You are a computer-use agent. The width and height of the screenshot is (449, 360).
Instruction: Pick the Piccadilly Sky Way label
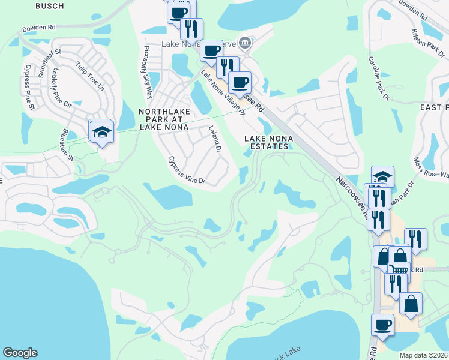[x=146, y=71]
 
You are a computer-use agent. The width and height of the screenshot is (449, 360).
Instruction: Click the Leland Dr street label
[x=214, y=139]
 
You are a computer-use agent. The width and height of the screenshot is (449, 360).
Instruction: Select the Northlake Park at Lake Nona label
[x=164, y=119]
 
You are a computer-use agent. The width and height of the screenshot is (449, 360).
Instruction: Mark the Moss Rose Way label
[x=432, y=168]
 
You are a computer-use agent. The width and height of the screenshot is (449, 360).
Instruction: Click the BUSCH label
[x=50, y=5]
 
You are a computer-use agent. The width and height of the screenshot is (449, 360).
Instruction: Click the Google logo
[x=20, y=353]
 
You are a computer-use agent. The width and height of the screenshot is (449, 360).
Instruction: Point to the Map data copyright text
[x=424, y=355]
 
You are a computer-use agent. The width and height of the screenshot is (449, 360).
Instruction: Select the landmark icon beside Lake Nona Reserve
[x=244, y=43]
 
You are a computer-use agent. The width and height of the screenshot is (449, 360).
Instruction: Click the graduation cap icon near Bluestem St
[x=103, y=132]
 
